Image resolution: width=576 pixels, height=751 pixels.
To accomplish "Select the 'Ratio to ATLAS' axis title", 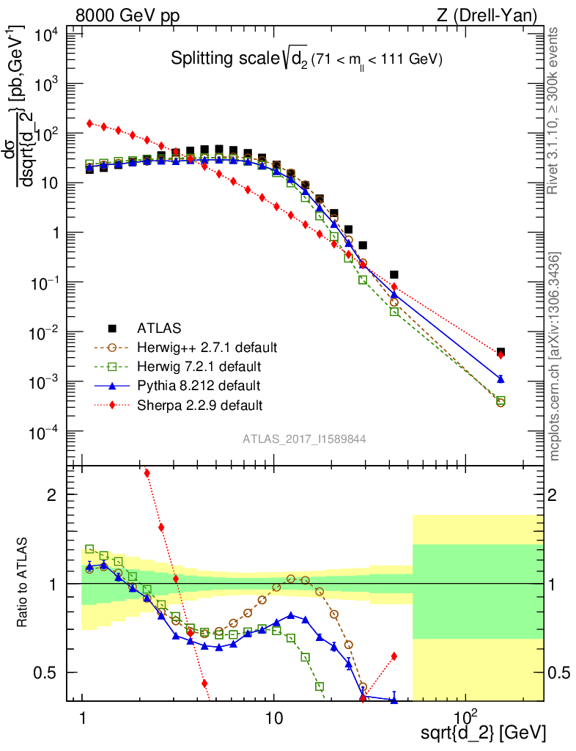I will (x=23, y=583).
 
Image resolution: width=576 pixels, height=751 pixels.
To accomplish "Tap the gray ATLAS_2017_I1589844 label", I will (x=305, y=439).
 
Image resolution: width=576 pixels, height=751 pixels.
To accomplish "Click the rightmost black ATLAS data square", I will (x=501, y=352).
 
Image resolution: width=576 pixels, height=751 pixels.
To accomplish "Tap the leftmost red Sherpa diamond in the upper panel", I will (x=89, y=123).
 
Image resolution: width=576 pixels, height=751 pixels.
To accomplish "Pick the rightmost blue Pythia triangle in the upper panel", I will (x=501, y=379).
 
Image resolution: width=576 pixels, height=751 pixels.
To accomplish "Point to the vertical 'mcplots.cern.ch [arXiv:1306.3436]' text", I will (x=555, y=356).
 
